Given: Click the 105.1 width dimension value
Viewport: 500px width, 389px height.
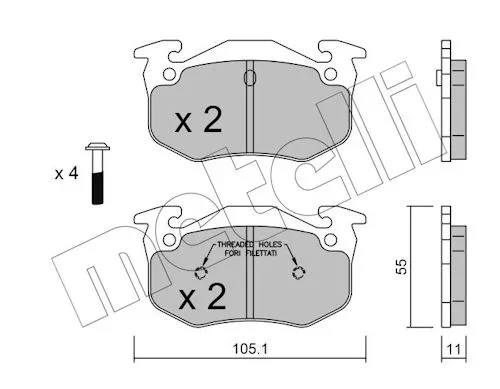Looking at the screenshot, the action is [250, 349].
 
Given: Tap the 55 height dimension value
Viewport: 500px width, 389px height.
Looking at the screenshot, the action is [403, 266].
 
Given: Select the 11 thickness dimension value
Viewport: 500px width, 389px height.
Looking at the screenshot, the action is [454, 349].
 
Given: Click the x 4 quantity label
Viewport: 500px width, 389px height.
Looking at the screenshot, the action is [67, 174].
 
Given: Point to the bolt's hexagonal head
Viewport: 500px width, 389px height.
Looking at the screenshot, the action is [98, 146].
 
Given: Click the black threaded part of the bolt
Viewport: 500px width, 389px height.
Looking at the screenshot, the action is [98, 188].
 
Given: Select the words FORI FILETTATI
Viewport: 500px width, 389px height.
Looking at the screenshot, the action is [250, 253].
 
